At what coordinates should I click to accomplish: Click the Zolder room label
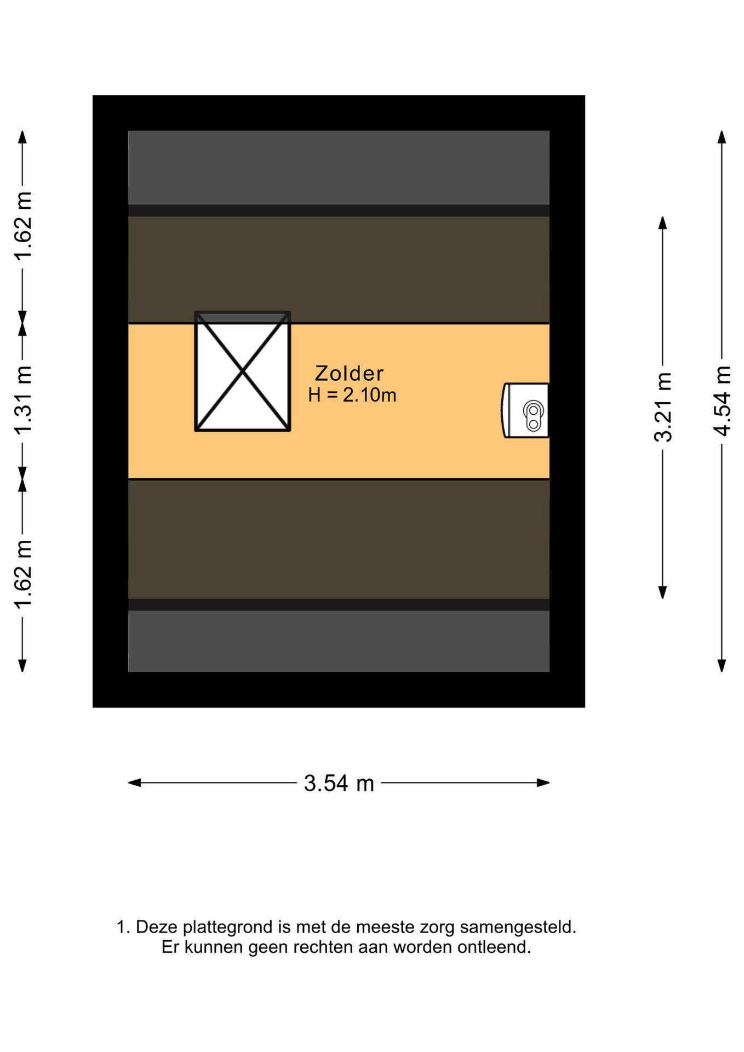click(349, 373)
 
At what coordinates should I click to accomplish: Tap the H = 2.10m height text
click(352, 395)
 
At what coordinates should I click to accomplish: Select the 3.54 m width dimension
click(339, 783)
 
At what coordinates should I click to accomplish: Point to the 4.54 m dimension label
click(723, 401)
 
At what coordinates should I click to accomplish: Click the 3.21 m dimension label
click(663, 407)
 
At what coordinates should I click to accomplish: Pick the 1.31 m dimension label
click(23, 399)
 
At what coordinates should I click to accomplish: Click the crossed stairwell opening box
click(243, 371)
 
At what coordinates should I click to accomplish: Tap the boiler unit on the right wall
click(525, 410)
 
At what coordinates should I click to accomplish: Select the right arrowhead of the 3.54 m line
click(543, 783)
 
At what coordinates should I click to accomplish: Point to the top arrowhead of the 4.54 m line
click(722, 137)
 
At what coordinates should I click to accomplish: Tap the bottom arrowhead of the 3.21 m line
click(662, 592)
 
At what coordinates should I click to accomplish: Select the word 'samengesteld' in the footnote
click(517, 928)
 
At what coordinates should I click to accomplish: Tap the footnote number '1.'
click(123, 927)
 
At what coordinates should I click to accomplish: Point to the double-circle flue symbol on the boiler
click(534, 416)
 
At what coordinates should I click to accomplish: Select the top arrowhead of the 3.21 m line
click(662, 222)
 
